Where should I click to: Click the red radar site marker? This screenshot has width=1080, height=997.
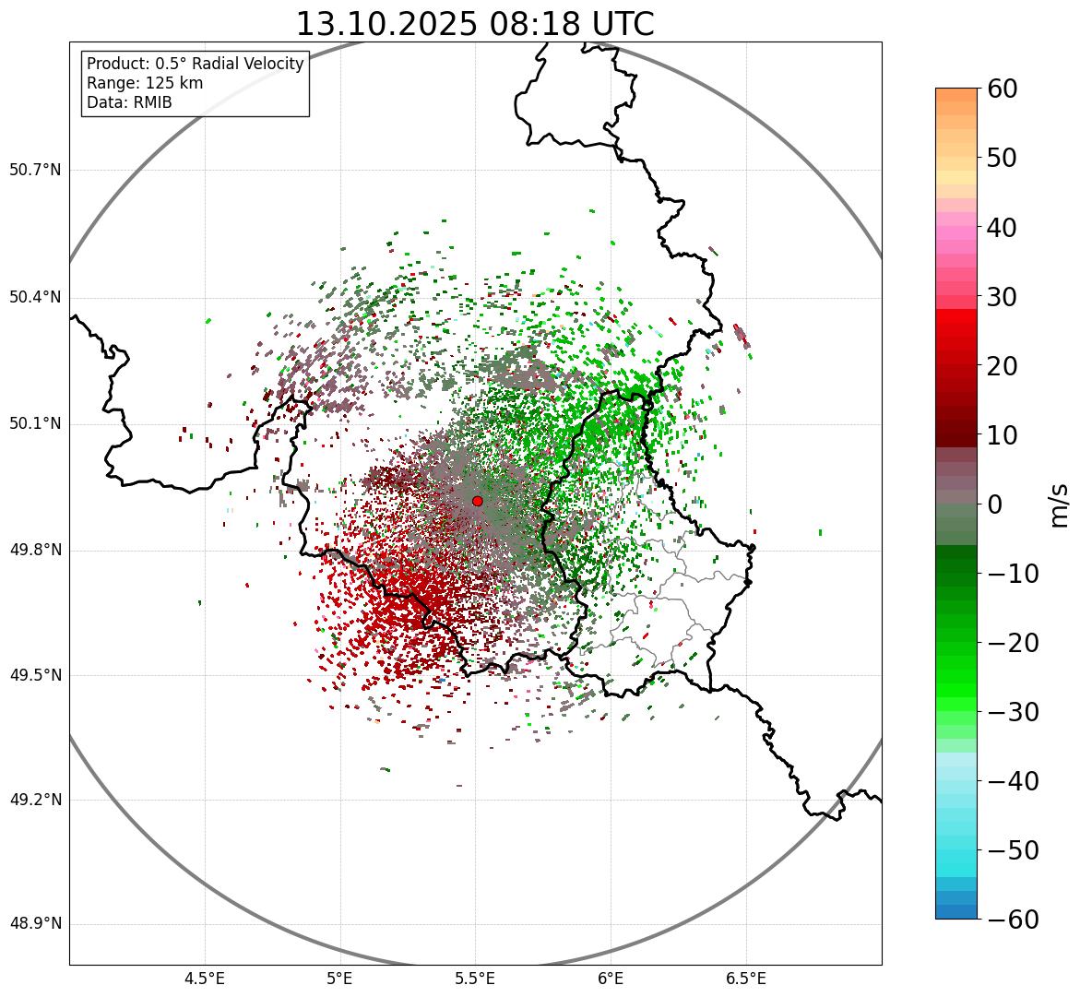(x=477, y=501)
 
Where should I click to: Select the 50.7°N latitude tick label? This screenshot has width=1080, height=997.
(x=34, y=170)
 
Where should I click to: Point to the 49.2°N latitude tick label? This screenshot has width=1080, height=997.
(x=34, y=800)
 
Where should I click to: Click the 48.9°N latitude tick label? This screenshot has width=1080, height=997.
(x=34, y=924)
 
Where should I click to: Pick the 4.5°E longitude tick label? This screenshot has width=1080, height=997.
(x=205, y=978)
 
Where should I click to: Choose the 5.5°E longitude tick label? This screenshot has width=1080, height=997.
(x=475, y=978)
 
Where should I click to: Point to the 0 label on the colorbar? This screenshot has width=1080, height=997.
(x=995, y=504)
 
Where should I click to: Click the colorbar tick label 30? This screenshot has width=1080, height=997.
(x=1008, y=297)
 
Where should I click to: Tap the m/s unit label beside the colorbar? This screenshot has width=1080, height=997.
(x=1060, y=504)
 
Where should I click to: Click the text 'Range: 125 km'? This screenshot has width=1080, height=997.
(x=145, y=83)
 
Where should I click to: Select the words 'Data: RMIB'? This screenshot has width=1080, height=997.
(x=129, y=102)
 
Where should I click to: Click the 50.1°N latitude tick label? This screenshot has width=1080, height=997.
(x=34, y=424)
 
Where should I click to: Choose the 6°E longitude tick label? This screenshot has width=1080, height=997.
(x=611, y=978)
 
